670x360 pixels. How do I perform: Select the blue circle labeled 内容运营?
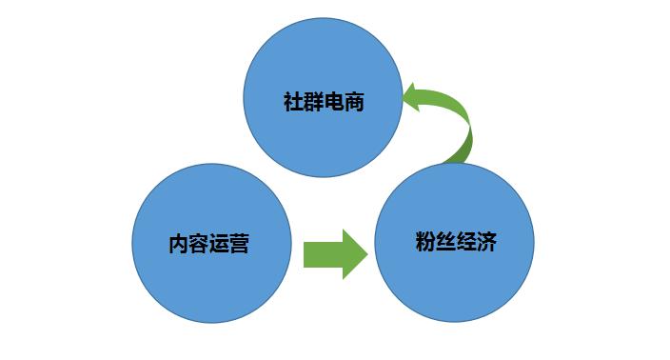coord(210,243)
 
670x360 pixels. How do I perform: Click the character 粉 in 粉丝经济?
coord(424,241)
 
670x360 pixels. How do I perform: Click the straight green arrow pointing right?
coord(334,254)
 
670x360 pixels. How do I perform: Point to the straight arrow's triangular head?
coord(353,254)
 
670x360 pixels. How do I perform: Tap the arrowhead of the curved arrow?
coord(416,96)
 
